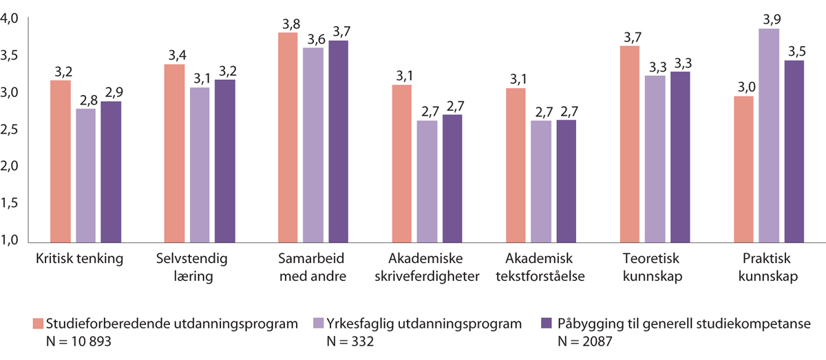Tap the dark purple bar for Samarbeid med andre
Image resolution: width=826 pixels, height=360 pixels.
[338, 141]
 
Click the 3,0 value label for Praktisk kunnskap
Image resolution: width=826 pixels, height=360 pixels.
[744, 88]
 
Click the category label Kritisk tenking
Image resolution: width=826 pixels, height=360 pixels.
[78, 260]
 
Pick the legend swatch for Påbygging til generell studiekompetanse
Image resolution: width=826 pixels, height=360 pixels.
[549, 323]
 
